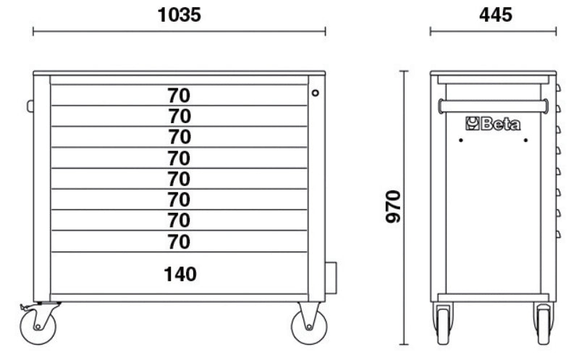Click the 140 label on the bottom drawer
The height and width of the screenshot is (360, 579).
point(179,274)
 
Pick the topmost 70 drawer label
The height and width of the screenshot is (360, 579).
point(179,95)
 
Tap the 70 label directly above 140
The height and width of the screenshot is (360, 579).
point(179,240)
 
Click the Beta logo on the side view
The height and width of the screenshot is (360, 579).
point(492,124)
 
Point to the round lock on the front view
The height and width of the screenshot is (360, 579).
point(316,92)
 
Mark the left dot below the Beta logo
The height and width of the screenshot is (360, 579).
point(460,141)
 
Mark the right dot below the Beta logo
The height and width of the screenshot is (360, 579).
point(525,141)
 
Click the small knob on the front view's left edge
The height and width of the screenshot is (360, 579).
point(30,106)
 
